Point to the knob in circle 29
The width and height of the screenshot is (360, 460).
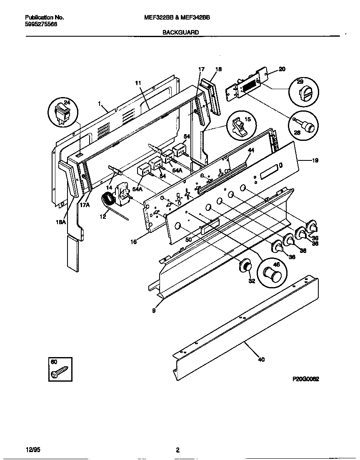coord(302,93)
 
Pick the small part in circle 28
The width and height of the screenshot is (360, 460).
coord(306,125)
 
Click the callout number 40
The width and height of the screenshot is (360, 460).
coord(261,360)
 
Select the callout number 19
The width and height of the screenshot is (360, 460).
coord(315,160)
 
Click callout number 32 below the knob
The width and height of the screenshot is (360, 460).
coord(252,281)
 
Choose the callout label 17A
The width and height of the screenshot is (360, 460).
coord(85,205)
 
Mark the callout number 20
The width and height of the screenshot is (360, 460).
coord(282,70)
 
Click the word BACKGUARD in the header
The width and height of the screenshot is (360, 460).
coord(180,32)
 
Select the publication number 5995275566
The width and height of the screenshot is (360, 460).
coord(41,24)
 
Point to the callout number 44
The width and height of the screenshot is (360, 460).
coord(251,150)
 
